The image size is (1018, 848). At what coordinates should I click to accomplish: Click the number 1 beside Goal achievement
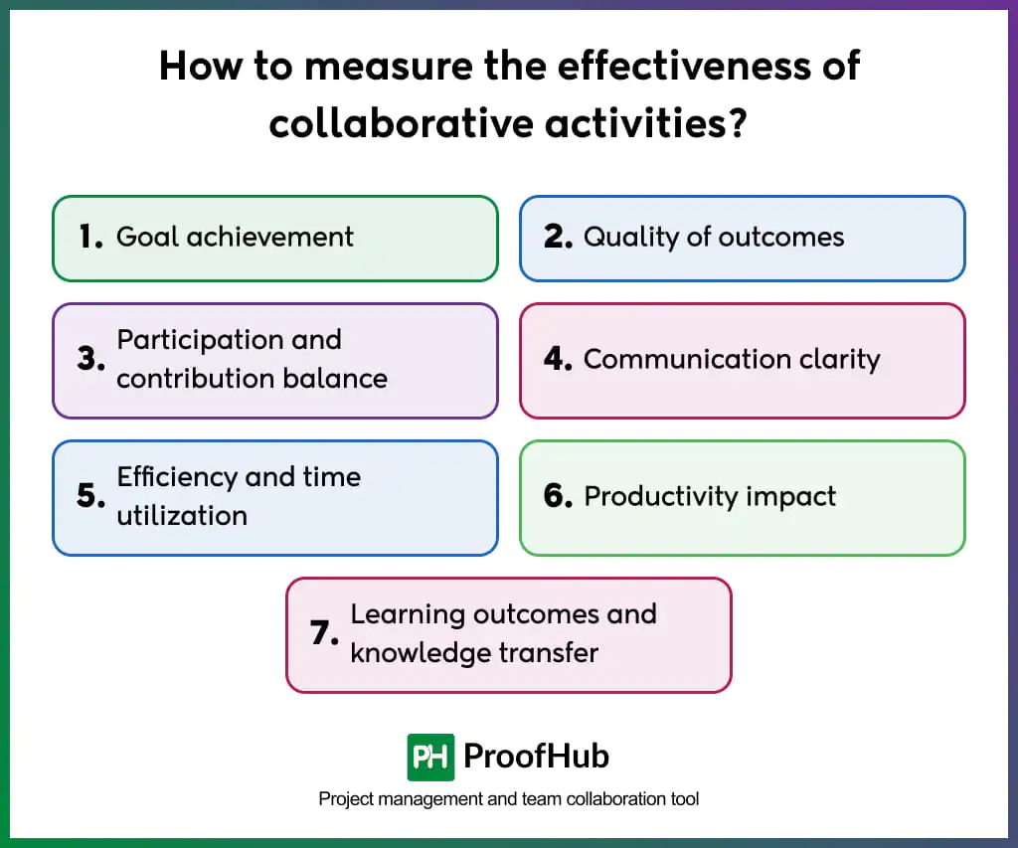[88, 237]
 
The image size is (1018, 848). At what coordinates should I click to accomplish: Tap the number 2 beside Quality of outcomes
[557, 237]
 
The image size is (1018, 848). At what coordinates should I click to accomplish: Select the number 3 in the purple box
[89, 359]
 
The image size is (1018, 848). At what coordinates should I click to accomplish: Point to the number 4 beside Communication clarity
[557, 359]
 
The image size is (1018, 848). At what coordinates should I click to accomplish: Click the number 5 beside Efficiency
[89, 496]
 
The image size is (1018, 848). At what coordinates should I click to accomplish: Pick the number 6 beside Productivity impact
[557, 496]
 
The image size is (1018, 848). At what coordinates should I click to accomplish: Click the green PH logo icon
[430, 758]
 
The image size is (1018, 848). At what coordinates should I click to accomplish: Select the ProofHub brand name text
[537, 758]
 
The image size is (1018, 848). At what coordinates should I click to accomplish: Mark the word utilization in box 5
[182, 516]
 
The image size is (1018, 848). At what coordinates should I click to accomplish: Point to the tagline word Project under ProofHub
[344, 799]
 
